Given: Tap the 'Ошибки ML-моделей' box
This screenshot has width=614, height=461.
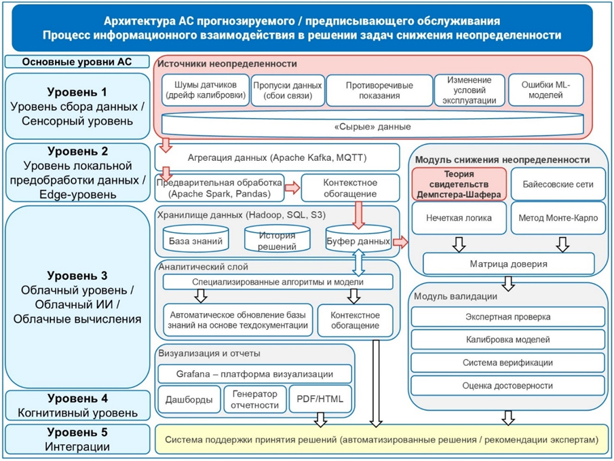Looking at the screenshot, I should pos(546,90).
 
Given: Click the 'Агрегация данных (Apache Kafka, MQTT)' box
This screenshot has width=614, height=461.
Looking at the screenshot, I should pos(277,158).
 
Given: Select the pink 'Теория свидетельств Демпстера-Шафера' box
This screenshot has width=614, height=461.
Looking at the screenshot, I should pos(459,183).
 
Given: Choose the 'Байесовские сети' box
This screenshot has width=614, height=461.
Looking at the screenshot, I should pos(556,183).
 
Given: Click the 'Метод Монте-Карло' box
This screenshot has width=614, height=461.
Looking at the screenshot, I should pos(556,219).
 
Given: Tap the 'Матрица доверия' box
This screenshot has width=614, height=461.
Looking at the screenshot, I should pos(508,263).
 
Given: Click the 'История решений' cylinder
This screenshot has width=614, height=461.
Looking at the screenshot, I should pos(276,240).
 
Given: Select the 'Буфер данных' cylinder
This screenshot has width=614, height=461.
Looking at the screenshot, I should pos(358,240).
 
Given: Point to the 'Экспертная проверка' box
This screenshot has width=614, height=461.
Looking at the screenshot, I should pos(507,316).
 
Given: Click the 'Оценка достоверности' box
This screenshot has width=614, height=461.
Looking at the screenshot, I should pos(507,385).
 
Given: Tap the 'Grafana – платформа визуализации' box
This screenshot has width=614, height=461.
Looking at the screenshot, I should pos(254,373).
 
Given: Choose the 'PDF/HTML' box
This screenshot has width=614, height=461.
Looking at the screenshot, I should pos(320,399).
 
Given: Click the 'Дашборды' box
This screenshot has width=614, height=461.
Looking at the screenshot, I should pos(188,399).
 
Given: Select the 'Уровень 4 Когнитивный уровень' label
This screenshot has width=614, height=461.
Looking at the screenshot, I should pos(77,405).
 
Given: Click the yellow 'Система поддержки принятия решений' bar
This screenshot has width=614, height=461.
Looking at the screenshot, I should pos(381,440).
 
